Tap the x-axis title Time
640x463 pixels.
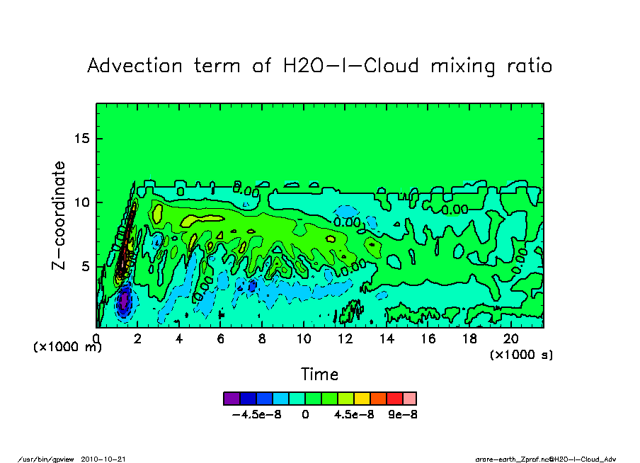[319, 374]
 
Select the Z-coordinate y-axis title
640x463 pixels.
[59, 215]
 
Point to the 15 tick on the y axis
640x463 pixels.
[83, 138]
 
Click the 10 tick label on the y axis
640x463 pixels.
[83, 202]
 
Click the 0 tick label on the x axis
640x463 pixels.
[96, 339]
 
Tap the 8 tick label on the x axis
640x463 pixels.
[262, 339]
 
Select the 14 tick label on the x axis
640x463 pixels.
[387, 339]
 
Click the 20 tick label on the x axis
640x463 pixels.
[510, 339]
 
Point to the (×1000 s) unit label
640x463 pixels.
[521, 355]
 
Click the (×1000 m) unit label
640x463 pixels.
[68, 348]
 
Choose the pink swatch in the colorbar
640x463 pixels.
[409, 398]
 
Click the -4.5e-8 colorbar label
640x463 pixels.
[257, 415]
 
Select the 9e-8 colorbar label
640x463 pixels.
[402, 415]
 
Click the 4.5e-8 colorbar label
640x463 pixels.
[354, 415]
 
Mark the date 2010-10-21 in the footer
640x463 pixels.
[108, 459]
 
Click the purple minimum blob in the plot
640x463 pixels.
[124, 302]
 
